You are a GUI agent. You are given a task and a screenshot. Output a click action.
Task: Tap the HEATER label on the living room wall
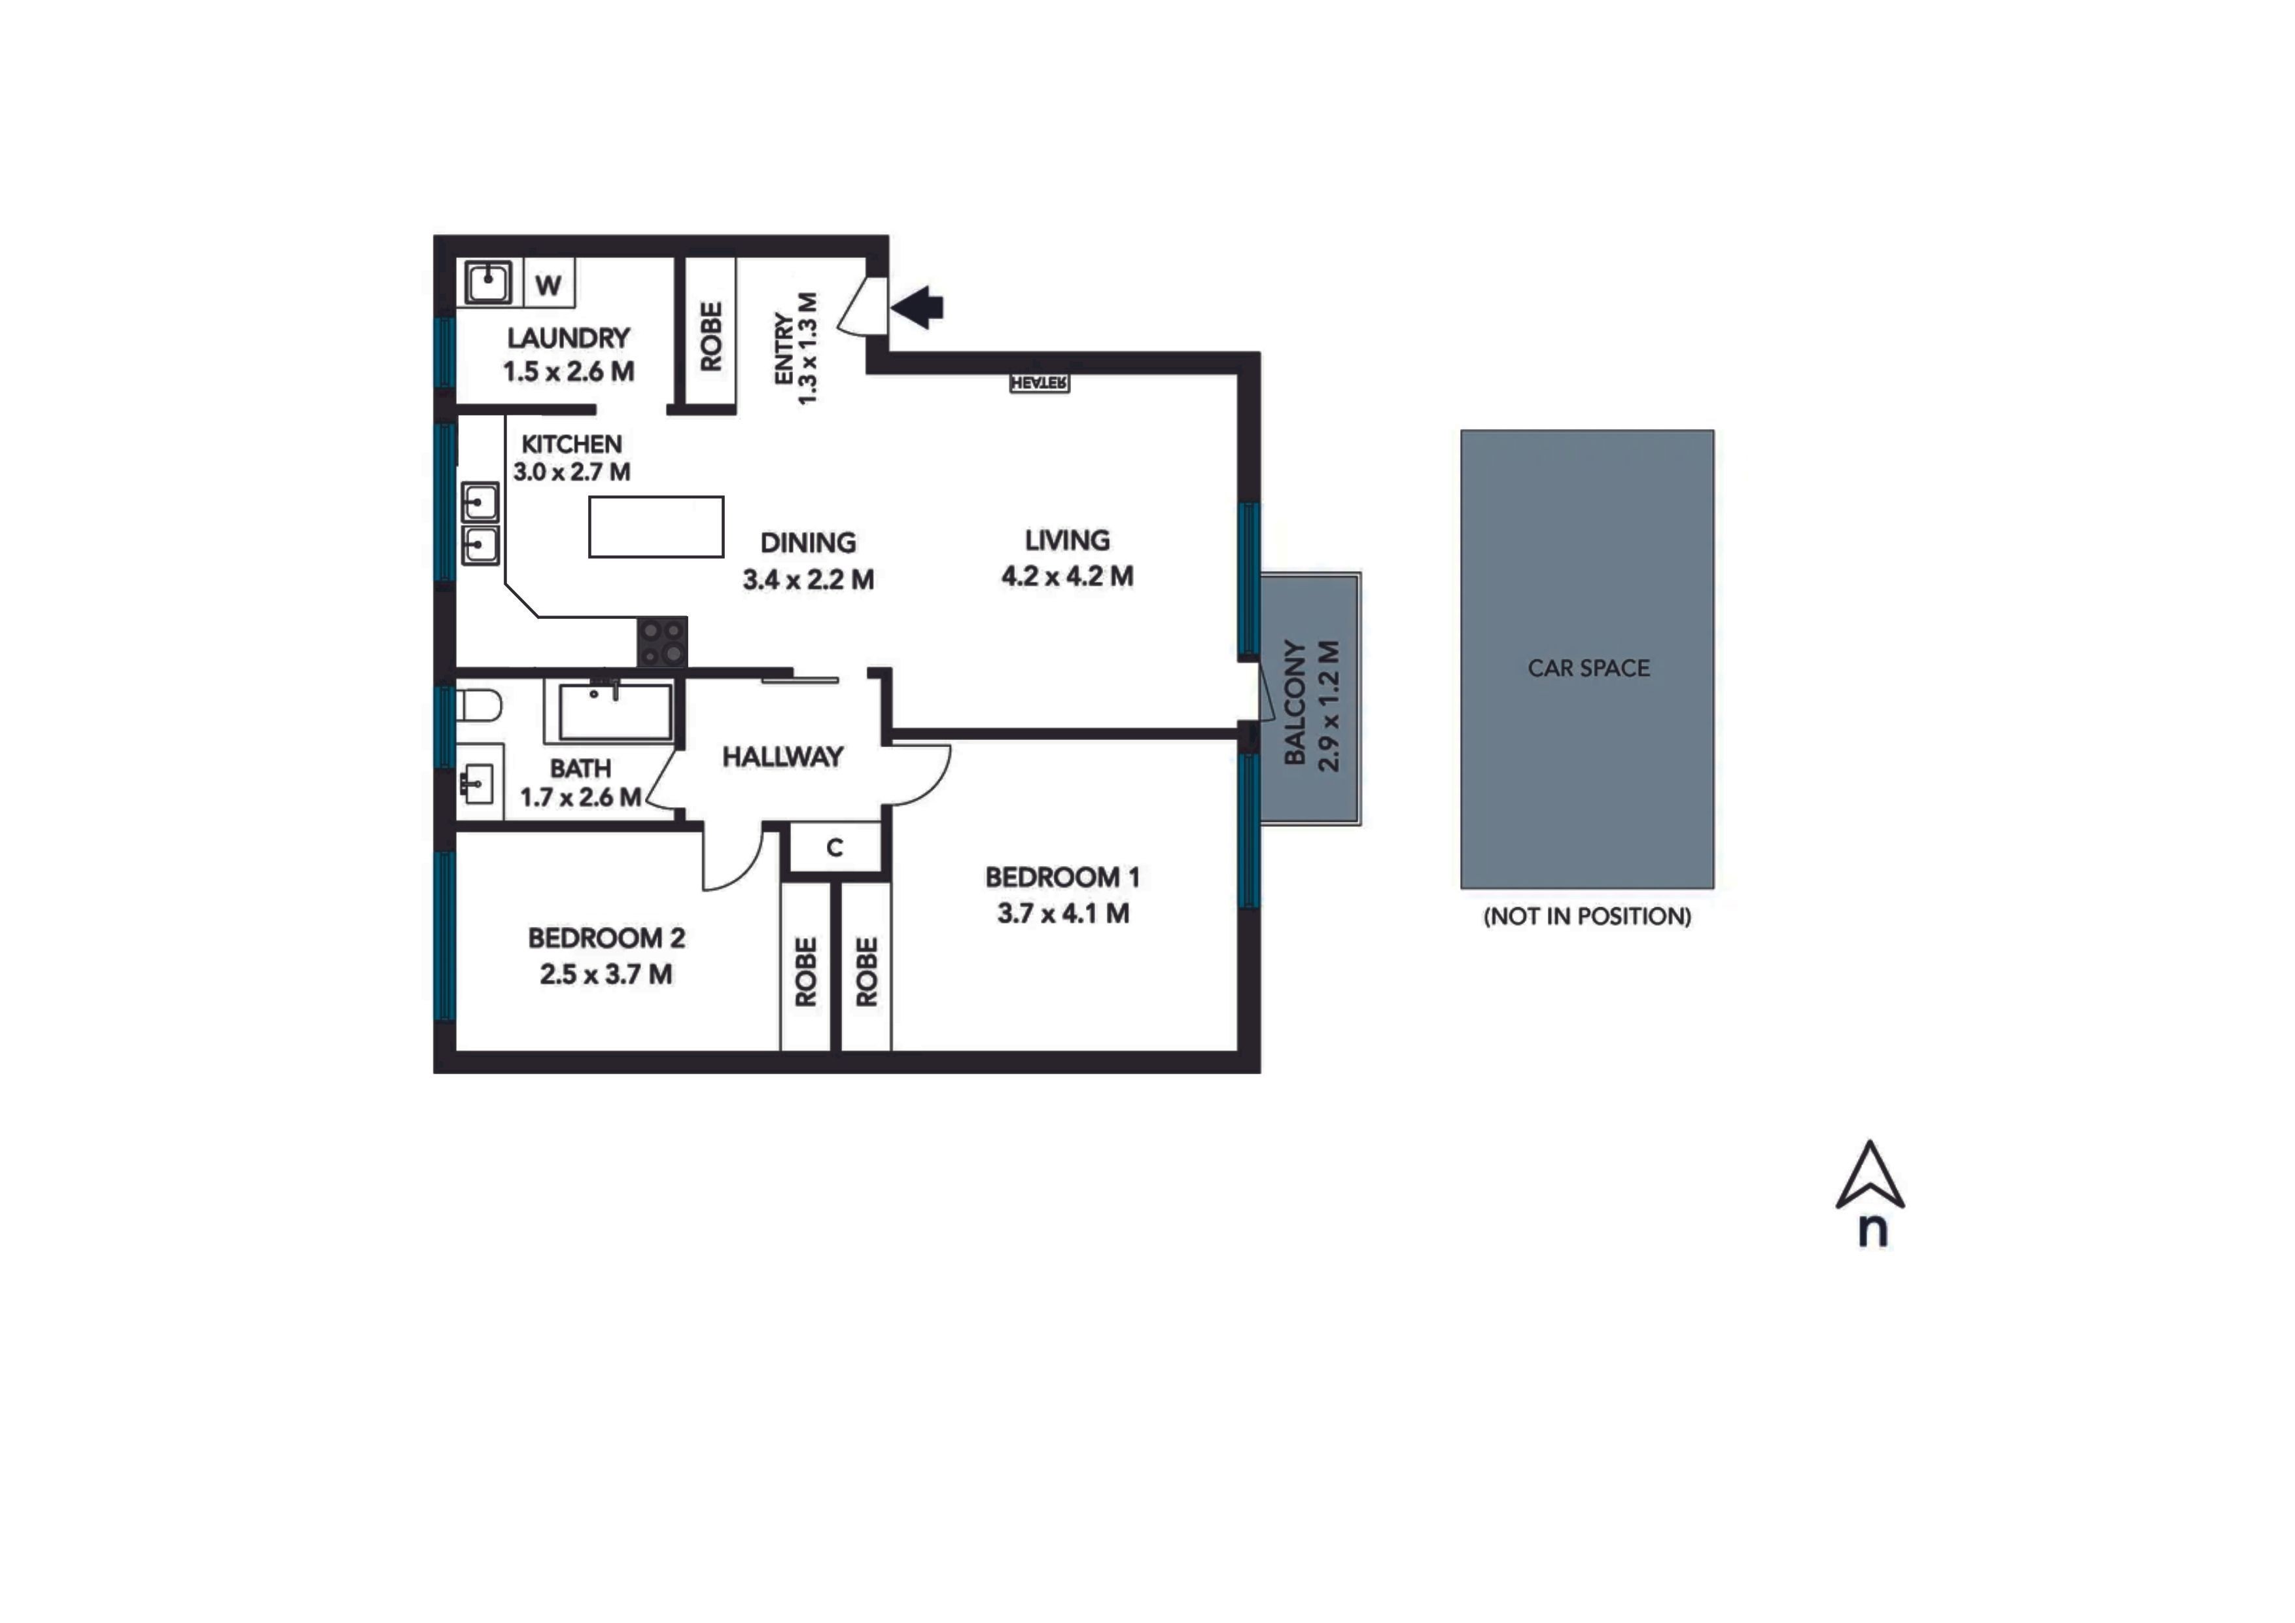(1040, 383)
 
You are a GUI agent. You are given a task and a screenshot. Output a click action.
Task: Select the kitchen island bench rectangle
(656, 527)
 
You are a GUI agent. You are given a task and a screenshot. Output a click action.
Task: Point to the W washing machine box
(548, 284)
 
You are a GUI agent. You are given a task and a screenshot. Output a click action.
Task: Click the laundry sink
(489, 283)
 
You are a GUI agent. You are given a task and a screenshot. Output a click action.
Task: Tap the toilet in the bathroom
(479, 707)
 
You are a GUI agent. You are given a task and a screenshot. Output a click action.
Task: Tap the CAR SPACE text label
(1588, 668)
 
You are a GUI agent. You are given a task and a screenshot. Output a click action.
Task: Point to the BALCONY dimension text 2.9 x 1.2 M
(1329, 706)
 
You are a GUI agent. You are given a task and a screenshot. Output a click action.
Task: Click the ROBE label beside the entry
(710, 337)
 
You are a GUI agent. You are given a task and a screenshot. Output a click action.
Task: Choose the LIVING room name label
(1066, 540)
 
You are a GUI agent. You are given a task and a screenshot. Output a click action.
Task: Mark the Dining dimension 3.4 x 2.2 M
(809, 580)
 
